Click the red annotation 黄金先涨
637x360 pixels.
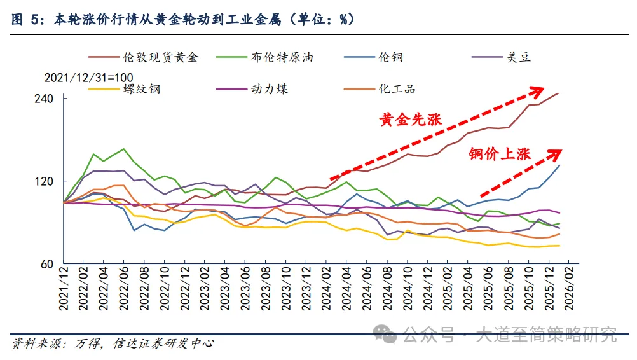tap(410, 120)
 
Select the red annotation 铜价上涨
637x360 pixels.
tap(500, 153)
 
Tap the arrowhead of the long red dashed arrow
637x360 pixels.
tap(540, 90)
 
